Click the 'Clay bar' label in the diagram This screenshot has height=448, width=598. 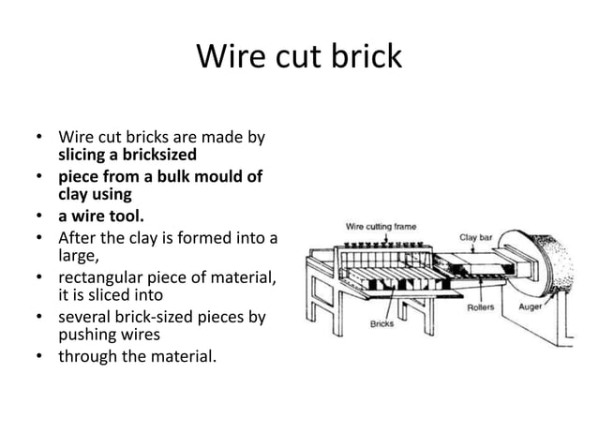click(475, 237)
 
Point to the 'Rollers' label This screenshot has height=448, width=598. click(485, 308)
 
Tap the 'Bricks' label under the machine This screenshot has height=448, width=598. click(381, 324)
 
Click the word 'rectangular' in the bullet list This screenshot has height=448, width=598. click(102, 276)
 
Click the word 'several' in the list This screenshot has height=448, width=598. click(89, 317)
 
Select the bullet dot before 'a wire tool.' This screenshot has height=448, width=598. click(40, 217)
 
